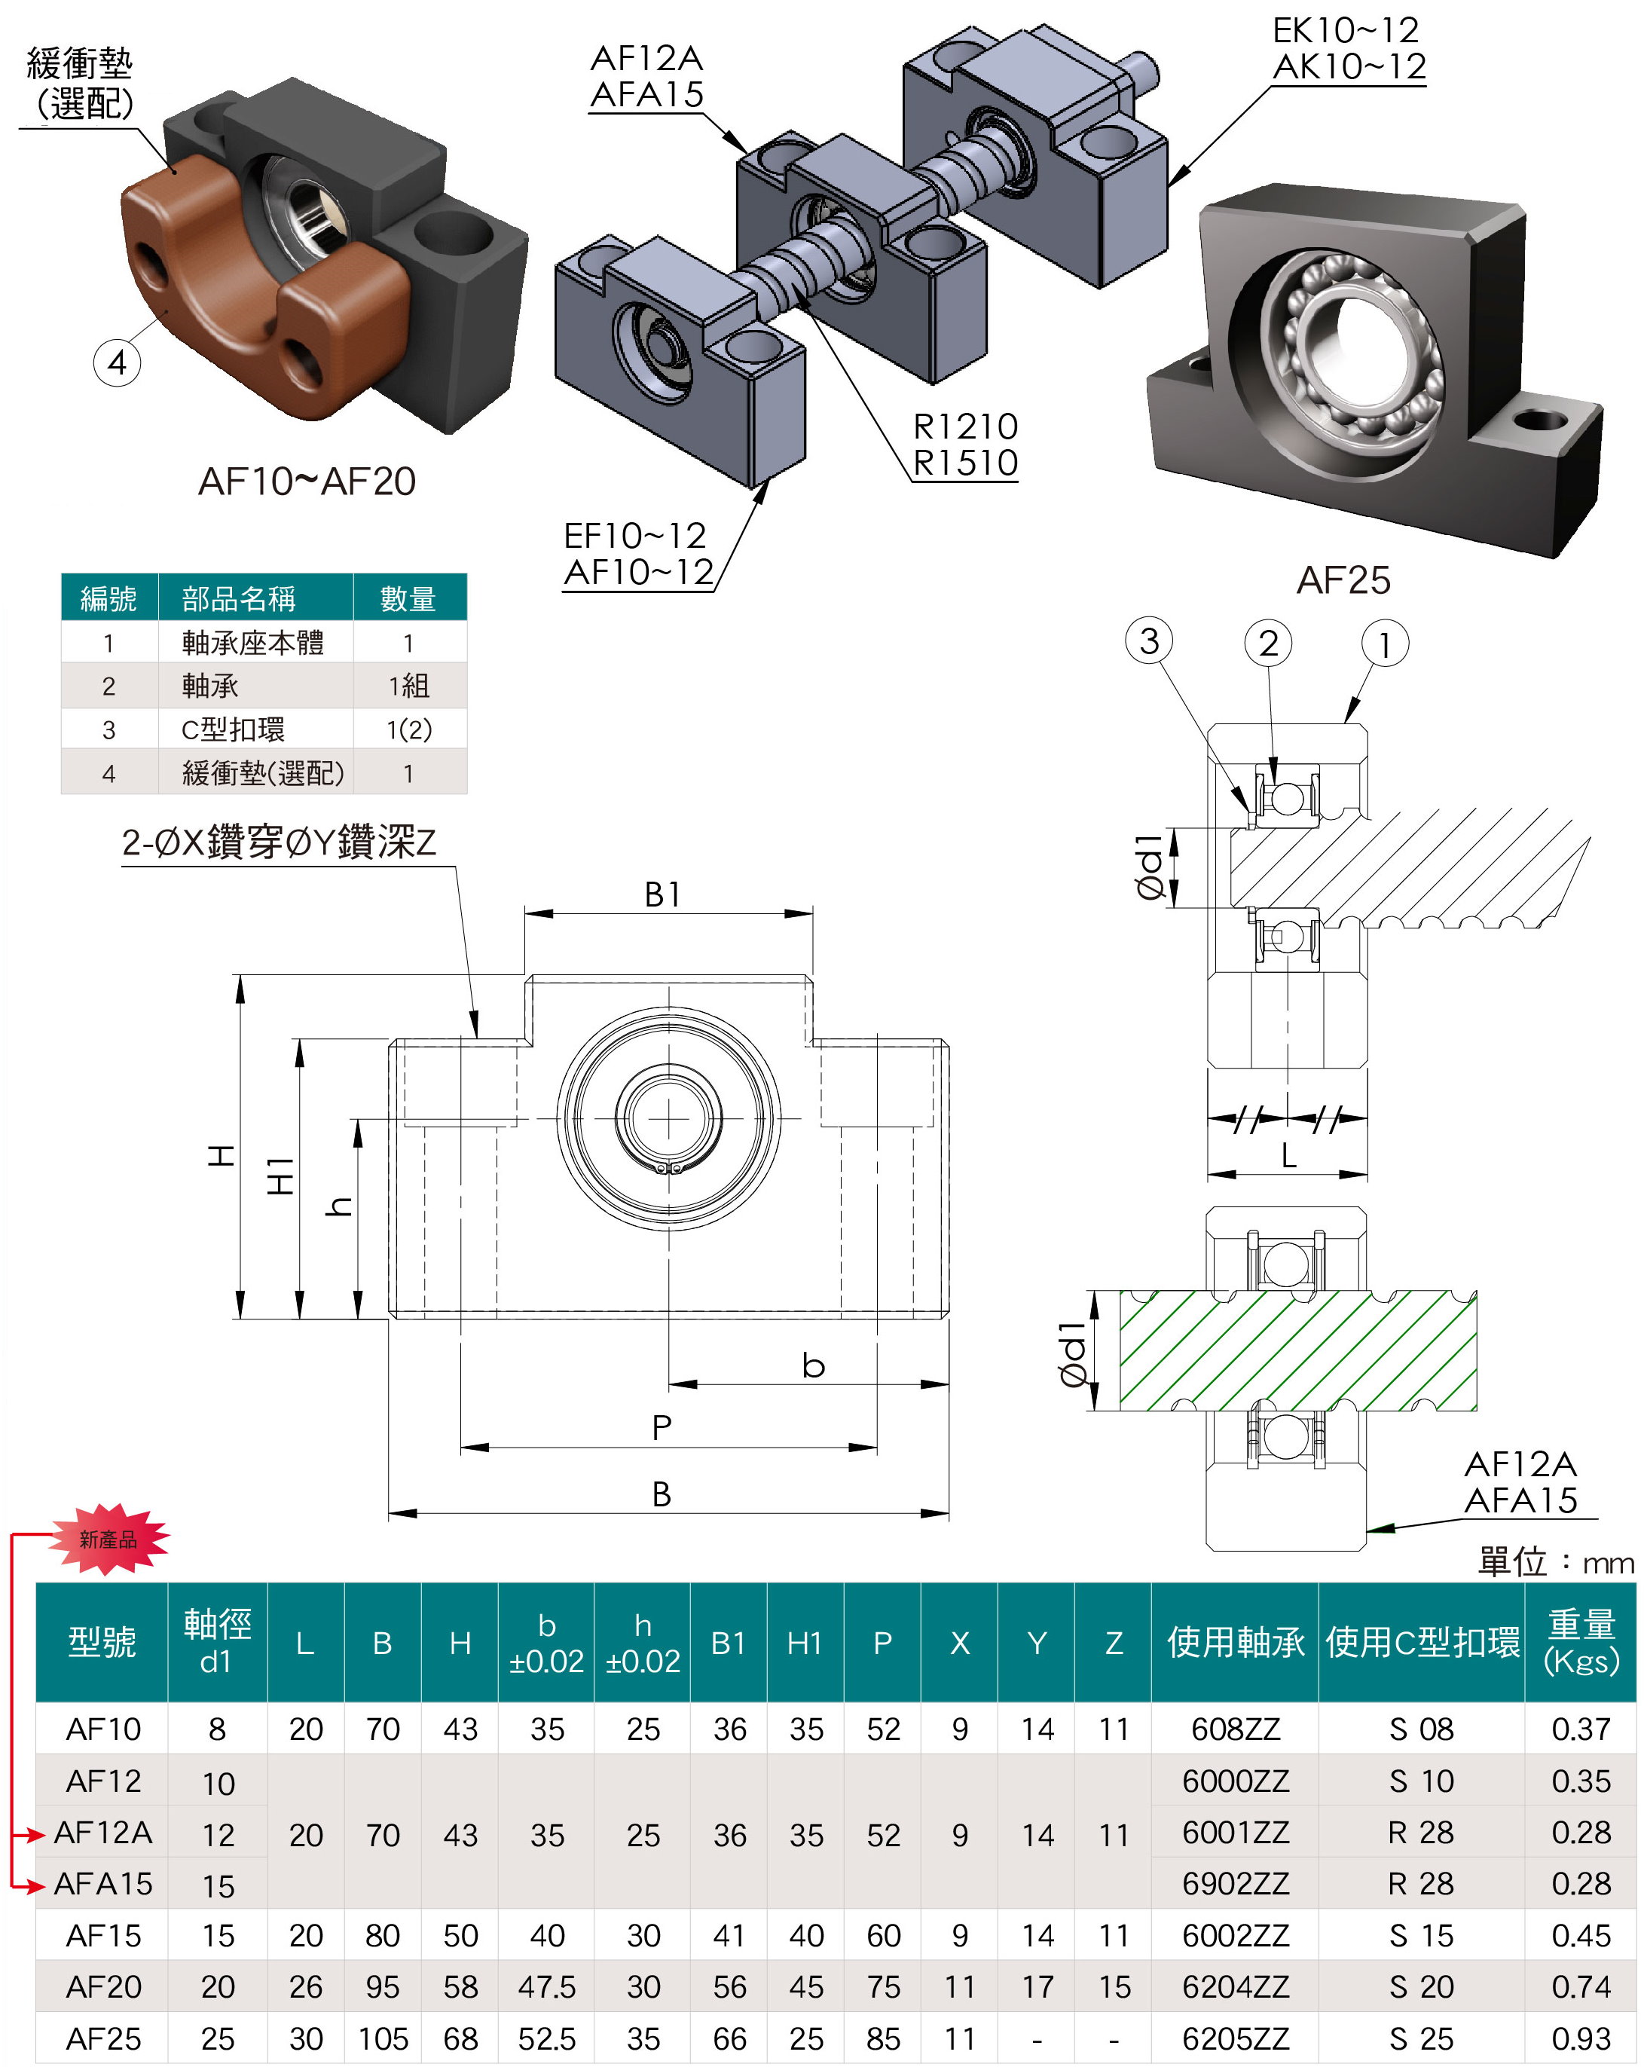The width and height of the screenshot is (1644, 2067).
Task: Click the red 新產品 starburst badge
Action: pos(108,1539)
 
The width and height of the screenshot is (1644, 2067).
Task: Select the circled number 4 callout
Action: pos(117,362)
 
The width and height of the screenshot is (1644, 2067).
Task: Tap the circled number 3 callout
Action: pos(1149,641)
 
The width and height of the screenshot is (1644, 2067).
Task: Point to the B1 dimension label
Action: pos(662,894)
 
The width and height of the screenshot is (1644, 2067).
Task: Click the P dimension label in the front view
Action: pos(662,1427)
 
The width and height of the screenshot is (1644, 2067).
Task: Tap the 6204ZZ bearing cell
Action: pos(1236,1986)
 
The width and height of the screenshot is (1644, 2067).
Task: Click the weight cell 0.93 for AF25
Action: pos(1581,2038)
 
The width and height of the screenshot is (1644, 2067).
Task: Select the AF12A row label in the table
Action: pos(102,1832)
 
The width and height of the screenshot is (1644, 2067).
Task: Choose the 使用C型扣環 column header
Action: pos(1422,1642)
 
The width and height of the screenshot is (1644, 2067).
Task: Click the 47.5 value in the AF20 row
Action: pos(546,1986)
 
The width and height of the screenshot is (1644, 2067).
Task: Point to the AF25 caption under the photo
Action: pos(1343,580)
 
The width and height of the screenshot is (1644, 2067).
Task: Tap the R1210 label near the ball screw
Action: pos(965,426)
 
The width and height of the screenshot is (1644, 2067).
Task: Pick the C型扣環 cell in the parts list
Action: pos(233,729)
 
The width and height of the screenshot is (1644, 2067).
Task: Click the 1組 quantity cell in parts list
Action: pos(408,686)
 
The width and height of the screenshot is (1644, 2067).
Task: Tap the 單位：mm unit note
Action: pos(1556,1562)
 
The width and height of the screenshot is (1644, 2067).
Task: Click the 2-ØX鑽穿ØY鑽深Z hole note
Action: pos(279,842)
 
